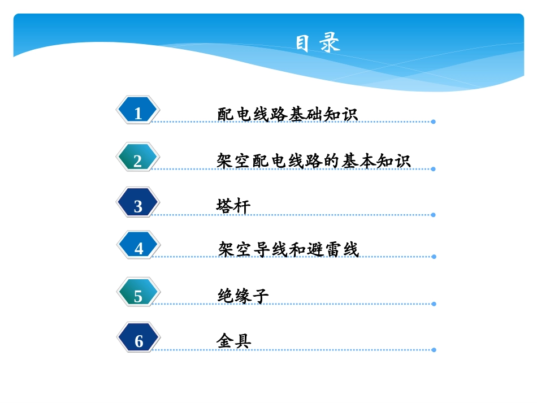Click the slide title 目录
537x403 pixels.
[318, 44]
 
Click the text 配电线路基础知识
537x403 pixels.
[287, 114]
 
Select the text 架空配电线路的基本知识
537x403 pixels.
[313, 161]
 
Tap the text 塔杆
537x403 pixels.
[233, 206]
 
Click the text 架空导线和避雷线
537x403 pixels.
[288, 249]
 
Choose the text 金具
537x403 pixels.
[233, 341]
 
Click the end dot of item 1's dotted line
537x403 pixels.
[433, 122]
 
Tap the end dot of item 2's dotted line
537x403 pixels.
[433, 169]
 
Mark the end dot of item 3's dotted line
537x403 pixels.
[433, 215]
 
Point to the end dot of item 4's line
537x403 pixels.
[434, 257]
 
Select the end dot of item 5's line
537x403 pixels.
[434, 304]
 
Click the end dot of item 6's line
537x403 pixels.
[434, 350]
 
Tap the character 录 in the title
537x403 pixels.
[330, 44]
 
